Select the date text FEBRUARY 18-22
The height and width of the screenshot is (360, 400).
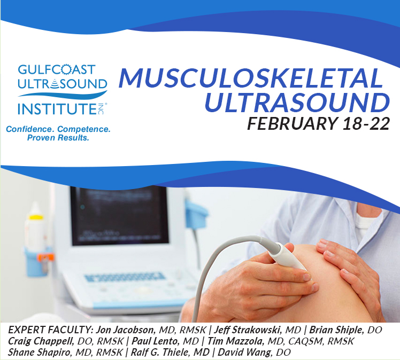(318, 123)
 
